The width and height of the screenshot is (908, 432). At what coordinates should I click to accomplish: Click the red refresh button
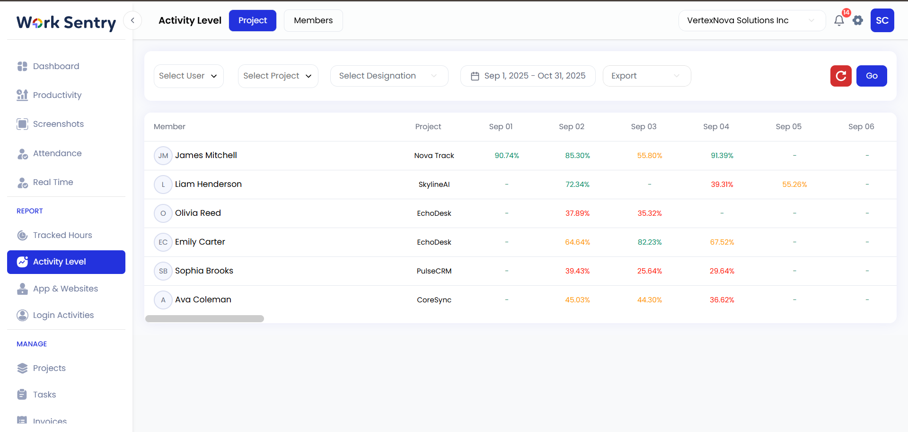pos(841,76)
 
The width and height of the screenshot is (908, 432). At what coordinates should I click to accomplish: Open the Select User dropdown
pos(188,76)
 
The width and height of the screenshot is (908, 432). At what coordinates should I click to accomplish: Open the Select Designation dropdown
pos(388,76)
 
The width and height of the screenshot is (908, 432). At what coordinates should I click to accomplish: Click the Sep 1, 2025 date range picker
pos(528,76)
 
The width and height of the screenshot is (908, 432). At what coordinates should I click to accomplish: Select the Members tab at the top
pos(313,20)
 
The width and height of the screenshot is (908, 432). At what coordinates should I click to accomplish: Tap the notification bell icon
pos(839,20)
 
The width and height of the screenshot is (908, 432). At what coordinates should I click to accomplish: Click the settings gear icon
pos(858,20)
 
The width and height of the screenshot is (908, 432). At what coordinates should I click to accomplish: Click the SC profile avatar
pos(882,20)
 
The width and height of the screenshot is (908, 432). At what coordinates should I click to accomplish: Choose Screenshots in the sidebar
pos(58,124)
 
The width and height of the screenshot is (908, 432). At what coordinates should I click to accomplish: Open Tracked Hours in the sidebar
pos(62,235)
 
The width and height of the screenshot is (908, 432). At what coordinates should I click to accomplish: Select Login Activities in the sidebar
pos(63,315)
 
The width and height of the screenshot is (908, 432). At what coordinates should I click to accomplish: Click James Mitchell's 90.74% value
pos(507,156)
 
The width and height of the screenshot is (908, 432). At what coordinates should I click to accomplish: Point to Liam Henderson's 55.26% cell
pos(794,185)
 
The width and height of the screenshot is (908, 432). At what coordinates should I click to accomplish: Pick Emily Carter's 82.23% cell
pos(650,242)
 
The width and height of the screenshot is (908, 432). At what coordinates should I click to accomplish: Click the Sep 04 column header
pos(716,126)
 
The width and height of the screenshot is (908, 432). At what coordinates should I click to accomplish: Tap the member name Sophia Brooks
pos(204,271)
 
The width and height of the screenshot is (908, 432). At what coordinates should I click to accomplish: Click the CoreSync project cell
pos(434,300)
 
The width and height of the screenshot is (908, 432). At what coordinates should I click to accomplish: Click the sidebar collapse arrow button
pos(132,20)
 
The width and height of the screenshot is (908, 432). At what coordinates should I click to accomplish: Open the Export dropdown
pos(646,76)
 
